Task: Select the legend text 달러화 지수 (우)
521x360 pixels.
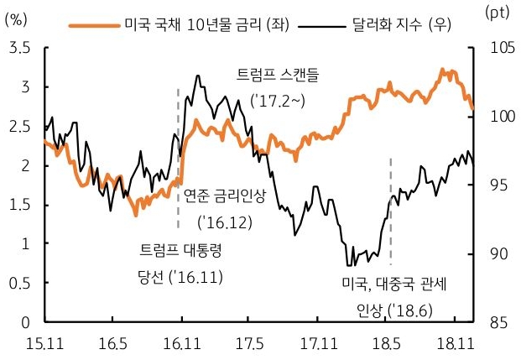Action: click(403, 23)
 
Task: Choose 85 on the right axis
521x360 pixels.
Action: click(493, 321)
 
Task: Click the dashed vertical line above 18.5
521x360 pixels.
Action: click(390, 176)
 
